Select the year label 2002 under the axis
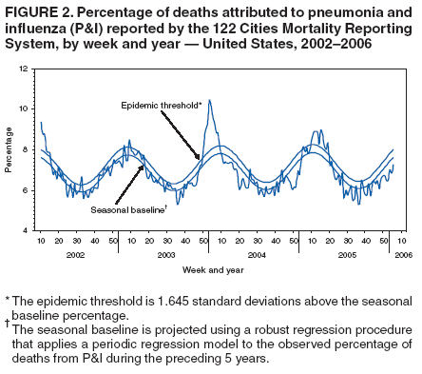(76, 255)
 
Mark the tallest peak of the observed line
(209, 100)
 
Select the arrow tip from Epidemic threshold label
(200, 158)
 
